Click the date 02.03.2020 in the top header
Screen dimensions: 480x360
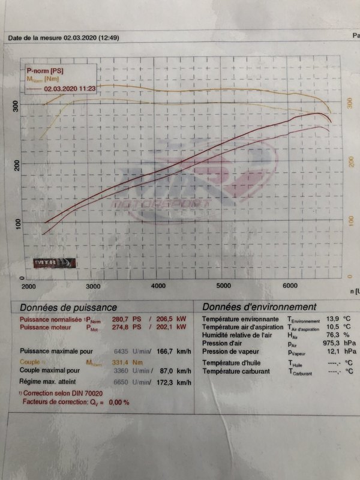(79, 38)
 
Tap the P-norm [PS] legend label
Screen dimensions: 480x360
(41, 71)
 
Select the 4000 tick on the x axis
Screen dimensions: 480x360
(158, 286)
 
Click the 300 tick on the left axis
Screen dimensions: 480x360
(17, 106)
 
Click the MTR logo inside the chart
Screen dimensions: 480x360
(55, 262)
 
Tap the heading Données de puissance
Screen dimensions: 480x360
(68, 307)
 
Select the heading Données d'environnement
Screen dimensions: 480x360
(259, 307)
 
